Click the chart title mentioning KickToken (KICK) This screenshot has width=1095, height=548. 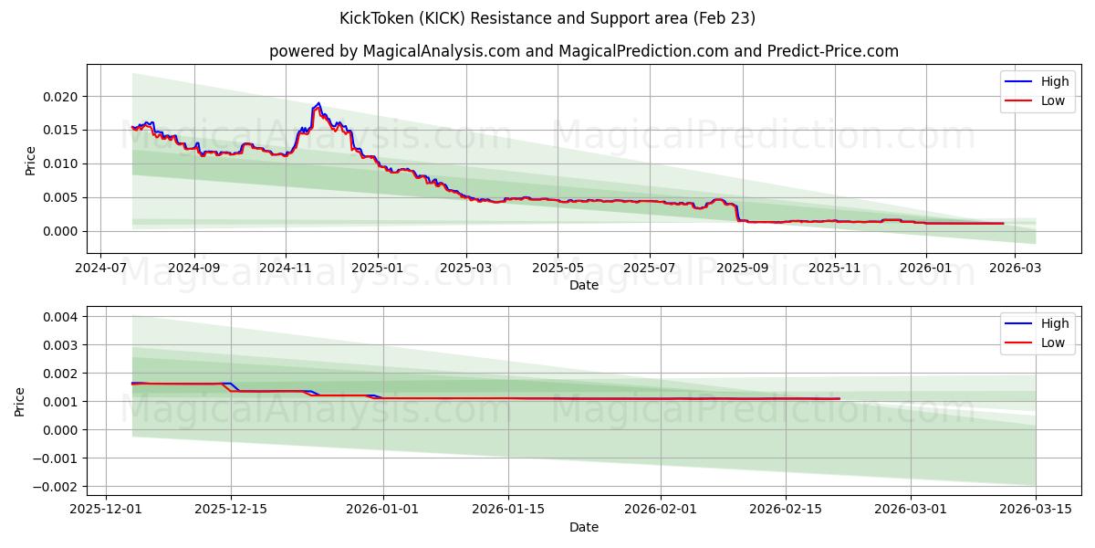pyautogui.click(x=547, y=18)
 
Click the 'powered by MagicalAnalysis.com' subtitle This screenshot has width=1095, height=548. pyautogui.click(x=584, y=51)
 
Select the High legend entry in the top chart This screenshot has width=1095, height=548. pyautogui.click(x=1041, y=81)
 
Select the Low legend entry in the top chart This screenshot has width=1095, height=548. pyautogui.click(x=1041, y=100)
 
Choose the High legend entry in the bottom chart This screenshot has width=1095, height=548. pyautogui.click(x=1041, y=323)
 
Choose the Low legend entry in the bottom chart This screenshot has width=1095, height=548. pyautogui.click(x=1041, y=342)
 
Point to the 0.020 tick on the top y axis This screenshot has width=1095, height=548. pyautogui.click(x=63, y=97)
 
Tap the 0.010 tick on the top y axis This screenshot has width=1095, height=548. pyautogui.click(x=63, y=163)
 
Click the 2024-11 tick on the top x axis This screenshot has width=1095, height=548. pyautogui.click(x=286, y=269)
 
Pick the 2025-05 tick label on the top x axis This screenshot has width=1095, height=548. pyautogui.click(x=558, y=269)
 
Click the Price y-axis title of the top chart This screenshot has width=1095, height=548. pyautogui.click(x=30, y=160)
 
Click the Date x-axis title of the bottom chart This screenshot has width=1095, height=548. pyautogui.click(x=584, y=527)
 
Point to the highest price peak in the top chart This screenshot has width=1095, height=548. pyautogui.click(x=318, y=103)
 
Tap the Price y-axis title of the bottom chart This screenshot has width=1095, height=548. pyautogui.click(x=20, y=402)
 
